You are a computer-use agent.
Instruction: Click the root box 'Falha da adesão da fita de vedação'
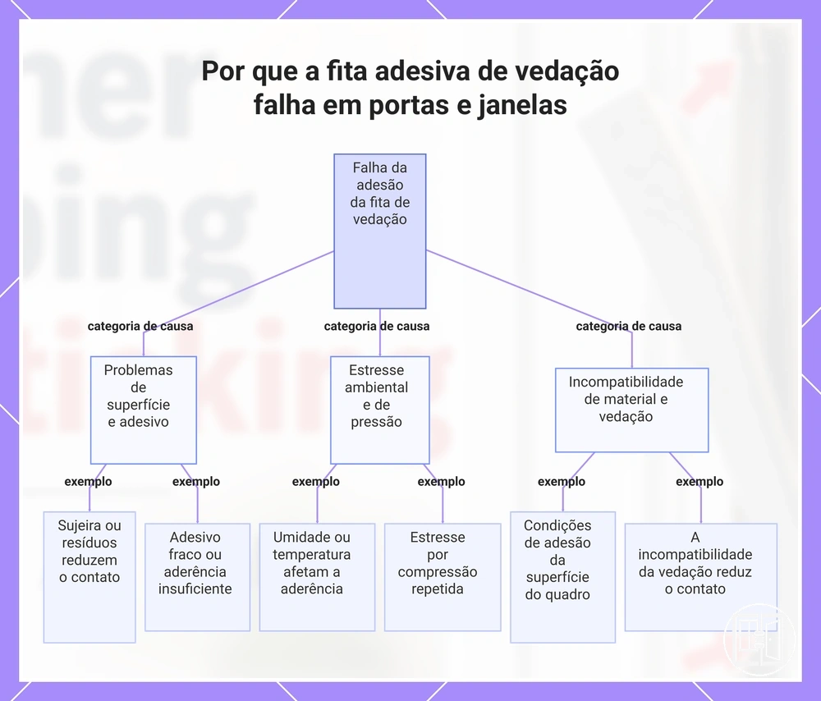click(x=379, y=231)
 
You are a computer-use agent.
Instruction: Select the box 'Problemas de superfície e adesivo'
click(x=144, y=410)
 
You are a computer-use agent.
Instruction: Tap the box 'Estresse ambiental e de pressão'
click(x=379, y=410)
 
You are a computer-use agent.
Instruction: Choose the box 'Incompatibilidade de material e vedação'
click(x=631, y=410)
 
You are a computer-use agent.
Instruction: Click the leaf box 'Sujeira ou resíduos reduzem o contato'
click(x=89, y=577)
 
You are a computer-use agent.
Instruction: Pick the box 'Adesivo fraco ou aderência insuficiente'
click(x=197, y=577)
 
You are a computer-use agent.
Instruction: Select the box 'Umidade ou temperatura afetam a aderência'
click(x=317, y=577)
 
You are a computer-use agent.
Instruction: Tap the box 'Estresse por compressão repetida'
click(x=443, y=577)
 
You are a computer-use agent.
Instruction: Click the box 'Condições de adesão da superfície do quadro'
click(x=562, y=577)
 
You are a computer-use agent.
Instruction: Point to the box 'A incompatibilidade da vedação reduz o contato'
click(x=700, y=577)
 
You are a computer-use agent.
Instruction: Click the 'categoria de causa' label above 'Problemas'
click(x=140, y=326)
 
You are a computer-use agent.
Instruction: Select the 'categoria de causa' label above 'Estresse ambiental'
click(x=377, y=326)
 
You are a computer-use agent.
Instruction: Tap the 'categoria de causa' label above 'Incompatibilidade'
click(x=629, y=326)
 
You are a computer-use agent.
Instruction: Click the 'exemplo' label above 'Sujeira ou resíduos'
click(x=88, y=482)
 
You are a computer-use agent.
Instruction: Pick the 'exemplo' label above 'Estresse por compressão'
click(x=441, y=482)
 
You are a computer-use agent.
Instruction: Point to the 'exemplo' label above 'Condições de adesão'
click(x=562, y=482)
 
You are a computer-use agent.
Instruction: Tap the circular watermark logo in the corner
click(x=759, y=639)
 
